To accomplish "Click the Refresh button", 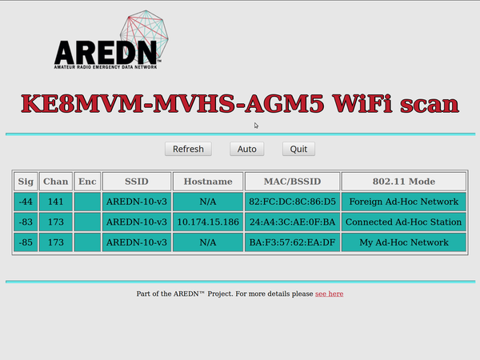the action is (188, 149).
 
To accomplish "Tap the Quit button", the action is (298, 149).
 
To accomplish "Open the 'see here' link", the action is (329, 294).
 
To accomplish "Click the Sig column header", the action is (26, 182).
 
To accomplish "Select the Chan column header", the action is (56, 182).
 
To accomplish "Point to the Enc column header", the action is (87, 182).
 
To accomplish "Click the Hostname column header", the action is (208, 182).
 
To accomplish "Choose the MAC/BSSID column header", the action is (292, 182).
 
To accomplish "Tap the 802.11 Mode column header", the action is (404, 182).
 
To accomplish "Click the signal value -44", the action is (26, 202).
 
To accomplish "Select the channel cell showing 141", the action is (56, 202).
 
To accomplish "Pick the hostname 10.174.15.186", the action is (208, 222).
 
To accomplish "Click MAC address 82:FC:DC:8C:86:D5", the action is (292, 202).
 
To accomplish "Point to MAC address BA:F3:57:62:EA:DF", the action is (292, 242).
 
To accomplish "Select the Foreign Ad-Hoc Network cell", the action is (404, 202).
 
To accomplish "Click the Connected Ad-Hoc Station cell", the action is (404, 222).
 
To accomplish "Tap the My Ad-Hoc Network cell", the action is (404, 242).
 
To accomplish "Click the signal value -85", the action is (26, 242).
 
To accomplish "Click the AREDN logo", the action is (111, 40).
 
